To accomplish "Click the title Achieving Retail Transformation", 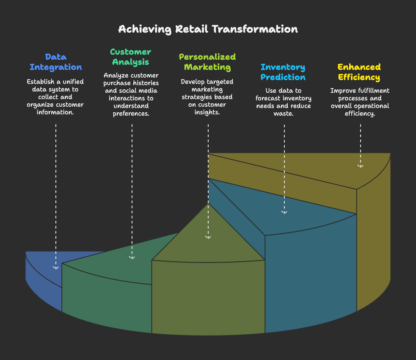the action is [208, 29].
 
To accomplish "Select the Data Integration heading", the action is [56, 62].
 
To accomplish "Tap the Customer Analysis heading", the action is [130, 57].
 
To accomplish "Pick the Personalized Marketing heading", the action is [207, 62].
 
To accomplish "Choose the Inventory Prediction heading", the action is [283, 72].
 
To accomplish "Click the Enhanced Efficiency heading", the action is [359, 72].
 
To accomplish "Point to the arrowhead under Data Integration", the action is [56, 268].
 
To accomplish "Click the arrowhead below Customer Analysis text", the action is [132, 258].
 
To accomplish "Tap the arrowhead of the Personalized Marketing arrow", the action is [208, 237].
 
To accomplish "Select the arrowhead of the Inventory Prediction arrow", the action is [284, 212].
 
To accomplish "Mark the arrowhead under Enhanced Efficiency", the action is [360, 166].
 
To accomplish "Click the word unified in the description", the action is [73, 81].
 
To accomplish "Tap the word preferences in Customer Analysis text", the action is [131, 114].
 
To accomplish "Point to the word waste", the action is [284, 114].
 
